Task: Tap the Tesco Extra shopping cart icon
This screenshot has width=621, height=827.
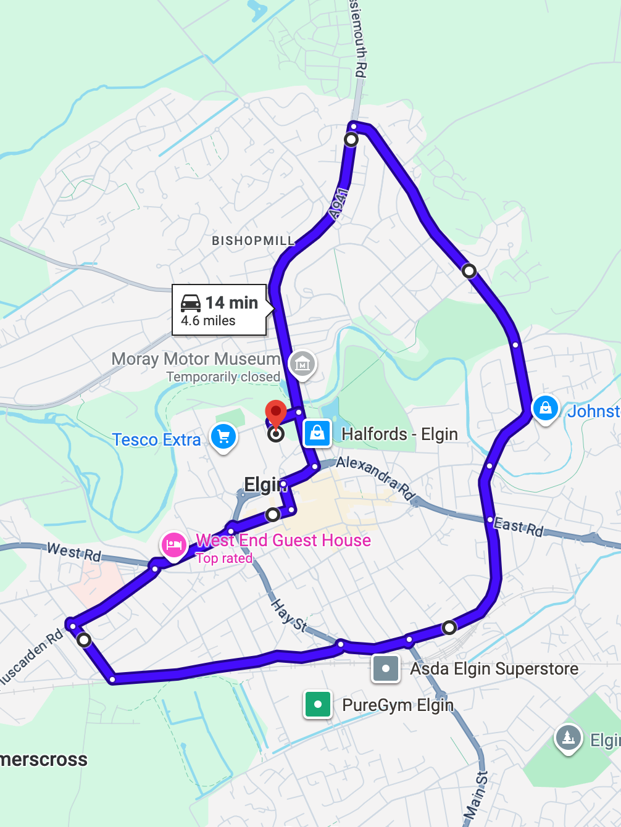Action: pyautogui.click(x=223, y=436)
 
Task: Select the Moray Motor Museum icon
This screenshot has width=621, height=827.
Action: pyautogui.click(x=302, y=364)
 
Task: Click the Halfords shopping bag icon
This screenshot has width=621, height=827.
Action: pyautogui.click(x=317, y=433)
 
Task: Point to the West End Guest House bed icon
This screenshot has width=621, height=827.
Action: pyautogui.click(x=173, y=545)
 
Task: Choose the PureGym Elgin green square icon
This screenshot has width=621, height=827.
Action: pyautogui.click(x=318, y=704)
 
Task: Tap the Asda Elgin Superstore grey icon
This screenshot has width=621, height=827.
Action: pyautogui.click(x=386, y=668)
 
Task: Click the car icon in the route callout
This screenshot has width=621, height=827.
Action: pyautogui.click(x=191, y=302)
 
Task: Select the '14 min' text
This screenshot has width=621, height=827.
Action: pyautogui.click(x=231, y=302)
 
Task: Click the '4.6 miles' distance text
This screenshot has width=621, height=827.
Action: pyautogui.click(x=208, y=321)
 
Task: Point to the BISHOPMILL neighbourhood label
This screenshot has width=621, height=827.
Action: pyautogui.click(x=253, y=241)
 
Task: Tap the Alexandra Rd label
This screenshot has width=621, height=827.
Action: pyautogui.click(x=374, y=477)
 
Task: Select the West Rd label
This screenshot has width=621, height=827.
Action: pyautogui.click(x=73, y=551)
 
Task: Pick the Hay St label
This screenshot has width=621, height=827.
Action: pyautogui.click(x=288, y=615)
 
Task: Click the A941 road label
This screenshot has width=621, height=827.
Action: pyautogui.click(x=339, y=204)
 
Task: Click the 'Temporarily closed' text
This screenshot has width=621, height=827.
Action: pyautogui.click(x=223, y=376)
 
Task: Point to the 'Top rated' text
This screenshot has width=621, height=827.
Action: pyautogui.click(x=224, y=559)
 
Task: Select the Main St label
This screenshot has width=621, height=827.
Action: pyautogui.click(x=475, y=796)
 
